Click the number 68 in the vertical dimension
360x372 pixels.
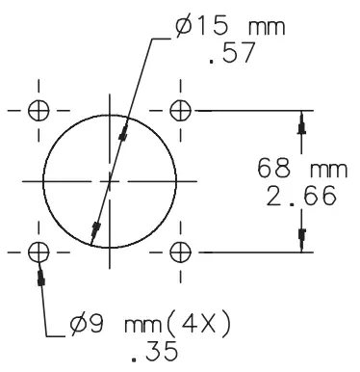(x=273, y=169)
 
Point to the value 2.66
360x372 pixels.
(x=301, y=196)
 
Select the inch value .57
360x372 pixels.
(x=232, y=53)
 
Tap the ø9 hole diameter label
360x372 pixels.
(x=87, y=325)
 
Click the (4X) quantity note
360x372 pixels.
(x=198, y=324)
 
